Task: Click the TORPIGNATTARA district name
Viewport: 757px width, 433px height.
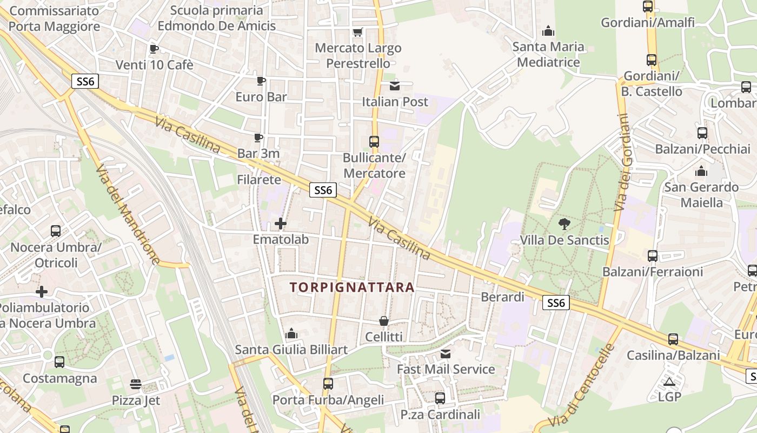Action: pos(352,287)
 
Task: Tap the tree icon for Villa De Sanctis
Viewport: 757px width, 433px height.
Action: pos(564,224)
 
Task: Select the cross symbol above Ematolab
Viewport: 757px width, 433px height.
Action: pos(281,223)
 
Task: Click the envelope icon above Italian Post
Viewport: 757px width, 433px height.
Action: pos(395,86)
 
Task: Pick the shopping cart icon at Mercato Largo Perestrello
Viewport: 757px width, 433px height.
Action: pos(357,32)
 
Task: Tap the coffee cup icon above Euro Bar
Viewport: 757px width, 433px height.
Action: pos(261,81)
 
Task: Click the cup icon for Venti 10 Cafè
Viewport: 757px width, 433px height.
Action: pos(154,49)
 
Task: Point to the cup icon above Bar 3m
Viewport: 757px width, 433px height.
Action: pos(258,137)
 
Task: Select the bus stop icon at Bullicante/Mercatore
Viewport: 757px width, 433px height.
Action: pos(374,142)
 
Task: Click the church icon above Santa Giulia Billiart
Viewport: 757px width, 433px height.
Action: pos(291,333)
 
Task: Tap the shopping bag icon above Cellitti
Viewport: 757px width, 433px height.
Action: pos(384,321)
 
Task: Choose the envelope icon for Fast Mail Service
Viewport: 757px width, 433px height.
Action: pos(446,354)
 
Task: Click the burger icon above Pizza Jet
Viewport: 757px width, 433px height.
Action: pos(136,385)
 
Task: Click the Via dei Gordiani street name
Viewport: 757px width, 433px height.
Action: pos(623,162)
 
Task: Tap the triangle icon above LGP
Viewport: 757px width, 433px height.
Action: pos(669,382)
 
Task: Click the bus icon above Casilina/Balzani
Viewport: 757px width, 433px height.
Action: pos(673,339)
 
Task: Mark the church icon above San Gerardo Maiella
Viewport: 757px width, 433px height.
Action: pos(702,172)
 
